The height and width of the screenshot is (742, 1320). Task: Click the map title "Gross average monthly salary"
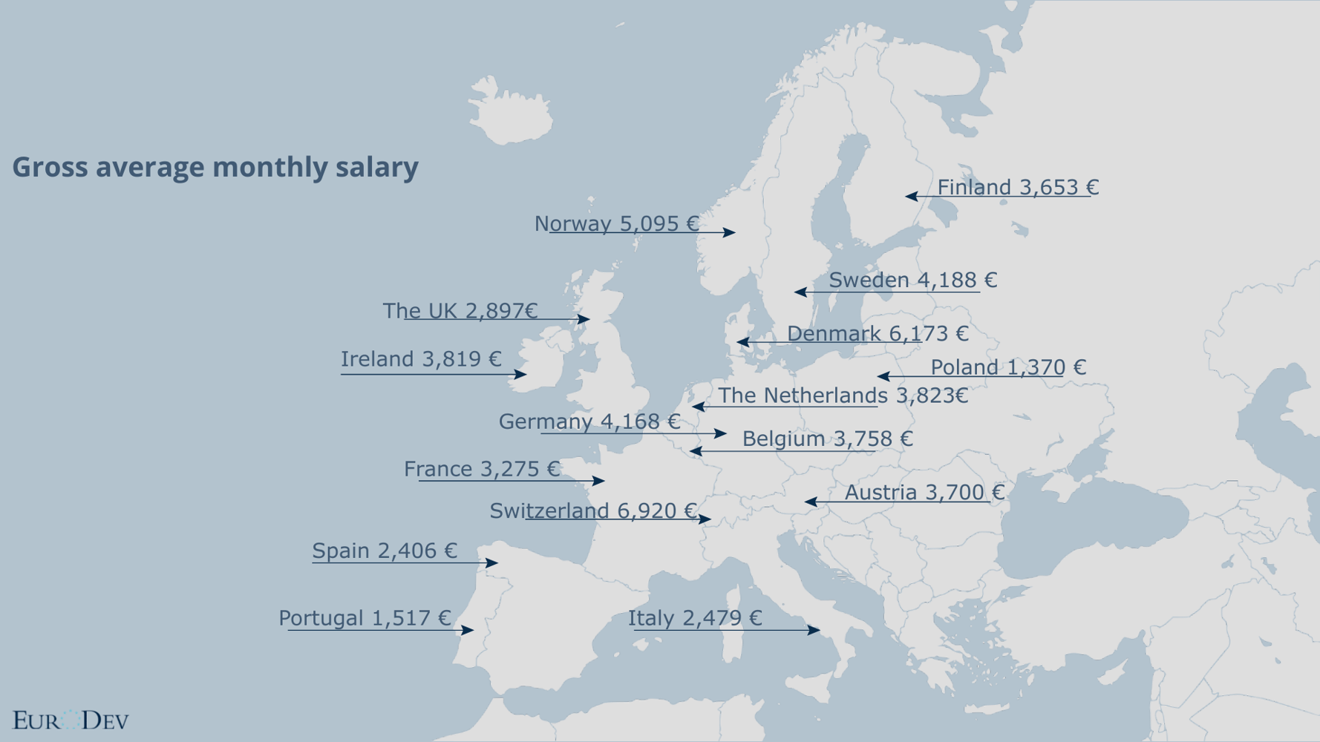[215, 167]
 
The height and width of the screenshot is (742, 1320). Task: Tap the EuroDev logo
[71, 720]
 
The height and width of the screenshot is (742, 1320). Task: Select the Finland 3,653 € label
[1017, 187]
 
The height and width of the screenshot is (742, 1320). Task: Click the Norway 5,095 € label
[616, 223]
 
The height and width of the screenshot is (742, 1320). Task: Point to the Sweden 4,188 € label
[912, 280]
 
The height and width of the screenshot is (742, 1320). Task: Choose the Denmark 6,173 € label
[878, 334]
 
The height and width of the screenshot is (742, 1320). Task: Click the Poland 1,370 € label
[1007, 367]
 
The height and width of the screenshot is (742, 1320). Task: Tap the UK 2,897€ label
[460, 311]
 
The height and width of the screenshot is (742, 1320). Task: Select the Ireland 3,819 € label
[421, 359]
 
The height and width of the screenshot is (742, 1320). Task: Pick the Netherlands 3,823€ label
[843, 395]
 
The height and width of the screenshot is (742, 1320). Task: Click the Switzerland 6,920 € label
[592, 510]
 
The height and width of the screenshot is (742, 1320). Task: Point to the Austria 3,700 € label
[924, 492]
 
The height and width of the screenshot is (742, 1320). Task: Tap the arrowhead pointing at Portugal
[468, 631]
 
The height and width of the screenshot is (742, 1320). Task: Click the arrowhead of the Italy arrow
[814, 630]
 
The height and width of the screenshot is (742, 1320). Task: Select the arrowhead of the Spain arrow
[491, 563]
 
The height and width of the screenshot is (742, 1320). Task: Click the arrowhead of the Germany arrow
[721, 433]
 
